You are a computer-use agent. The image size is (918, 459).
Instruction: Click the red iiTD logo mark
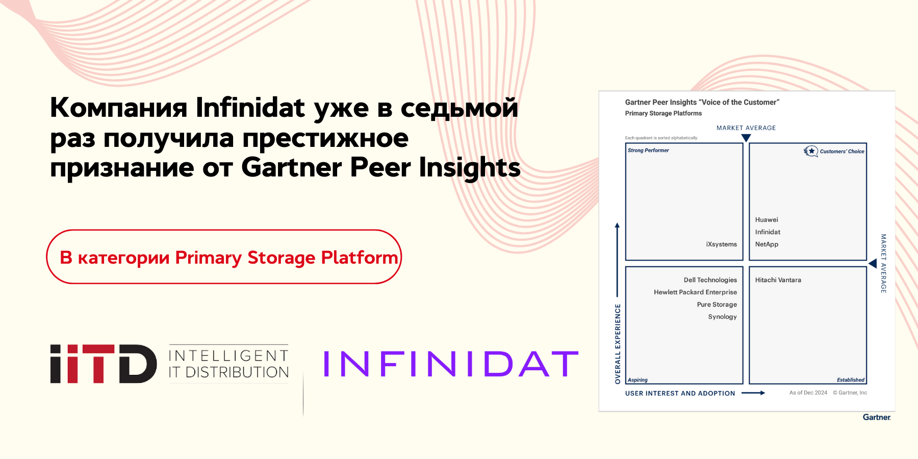point(104,364)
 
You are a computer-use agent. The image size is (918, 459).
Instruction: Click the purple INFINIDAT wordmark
point(451,364)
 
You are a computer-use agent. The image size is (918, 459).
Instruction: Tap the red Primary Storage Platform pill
point(224,257)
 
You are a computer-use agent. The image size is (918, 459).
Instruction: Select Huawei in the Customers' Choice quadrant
point(767,220)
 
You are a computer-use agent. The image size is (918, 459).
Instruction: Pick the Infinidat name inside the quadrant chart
point(768,232)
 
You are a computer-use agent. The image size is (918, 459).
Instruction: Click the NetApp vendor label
point(767,244)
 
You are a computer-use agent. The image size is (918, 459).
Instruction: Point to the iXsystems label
point(721,244)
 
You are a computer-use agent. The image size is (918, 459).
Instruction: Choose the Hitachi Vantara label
point(778,280)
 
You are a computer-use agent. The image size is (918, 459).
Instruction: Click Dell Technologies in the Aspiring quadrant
point(710,280)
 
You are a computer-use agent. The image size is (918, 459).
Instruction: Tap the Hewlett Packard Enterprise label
point(695,292)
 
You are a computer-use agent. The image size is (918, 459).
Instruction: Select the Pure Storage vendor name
point(717,304)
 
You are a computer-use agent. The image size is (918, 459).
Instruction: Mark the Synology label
point(722,317)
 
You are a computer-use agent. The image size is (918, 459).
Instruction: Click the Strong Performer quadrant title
point(648,150)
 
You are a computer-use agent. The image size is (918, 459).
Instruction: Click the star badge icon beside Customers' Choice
point(810,151)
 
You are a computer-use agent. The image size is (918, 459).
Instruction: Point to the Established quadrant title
point(850,380)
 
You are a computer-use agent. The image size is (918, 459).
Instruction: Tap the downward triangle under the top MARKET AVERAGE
point(746,138)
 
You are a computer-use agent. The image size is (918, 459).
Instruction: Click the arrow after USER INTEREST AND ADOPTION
point(753,393)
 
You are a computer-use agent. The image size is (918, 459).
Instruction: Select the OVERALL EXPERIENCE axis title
point(618,344)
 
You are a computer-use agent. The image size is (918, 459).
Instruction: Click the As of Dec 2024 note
point(808,393)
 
